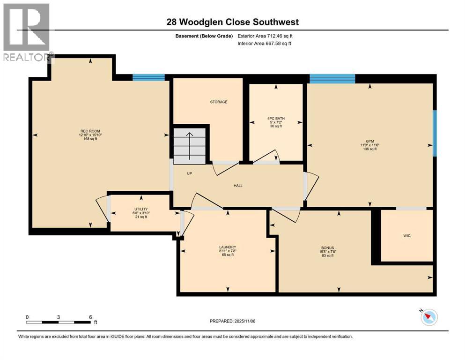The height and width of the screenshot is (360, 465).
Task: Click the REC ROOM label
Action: pos(89,131)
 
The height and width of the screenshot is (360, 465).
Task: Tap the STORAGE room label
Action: pos(218,102)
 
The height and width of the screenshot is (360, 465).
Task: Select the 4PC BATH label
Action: pos(276,118)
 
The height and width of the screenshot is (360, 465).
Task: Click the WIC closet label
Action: pos(406,235)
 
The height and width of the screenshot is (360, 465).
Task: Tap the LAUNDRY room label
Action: pos(228,247)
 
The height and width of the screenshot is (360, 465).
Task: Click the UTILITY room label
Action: pos(141,209)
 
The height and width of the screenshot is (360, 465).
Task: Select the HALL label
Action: pos(238,186)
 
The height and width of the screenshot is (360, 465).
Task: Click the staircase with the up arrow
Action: pos(190,145)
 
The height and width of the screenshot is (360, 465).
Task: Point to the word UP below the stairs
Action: pos(190,173)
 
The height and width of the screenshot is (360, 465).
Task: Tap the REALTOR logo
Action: pos(27,33)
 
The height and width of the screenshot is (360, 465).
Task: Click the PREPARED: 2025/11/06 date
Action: pos(232,321)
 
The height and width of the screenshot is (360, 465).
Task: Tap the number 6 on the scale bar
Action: pos(90,317)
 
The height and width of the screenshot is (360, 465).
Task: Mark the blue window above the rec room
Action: pos(148,77)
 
